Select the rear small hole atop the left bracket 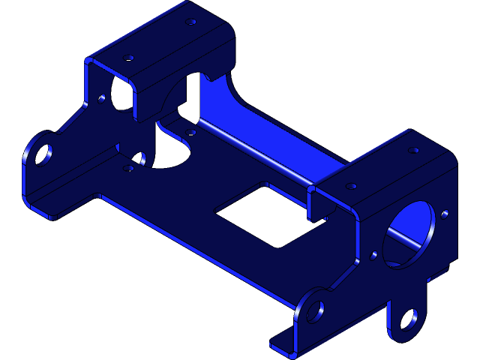click(191, 22)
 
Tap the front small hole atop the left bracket click(128, 57)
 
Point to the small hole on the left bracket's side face click(103, 97)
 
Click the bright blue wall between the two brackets click(270, 135)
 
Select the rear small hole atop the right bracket click(413, 150)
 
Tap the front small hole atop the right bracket click(351, 185)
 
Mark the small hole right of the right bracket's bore click(445, 214)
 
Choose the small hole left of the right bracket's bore click(374, 255)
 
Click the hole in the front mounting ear click(315, 310)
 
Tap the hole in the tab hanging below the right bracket click(407, 321)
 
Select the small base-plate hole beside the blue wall click(191, 132)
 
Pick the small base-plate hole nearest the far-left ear click(128, 168)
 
